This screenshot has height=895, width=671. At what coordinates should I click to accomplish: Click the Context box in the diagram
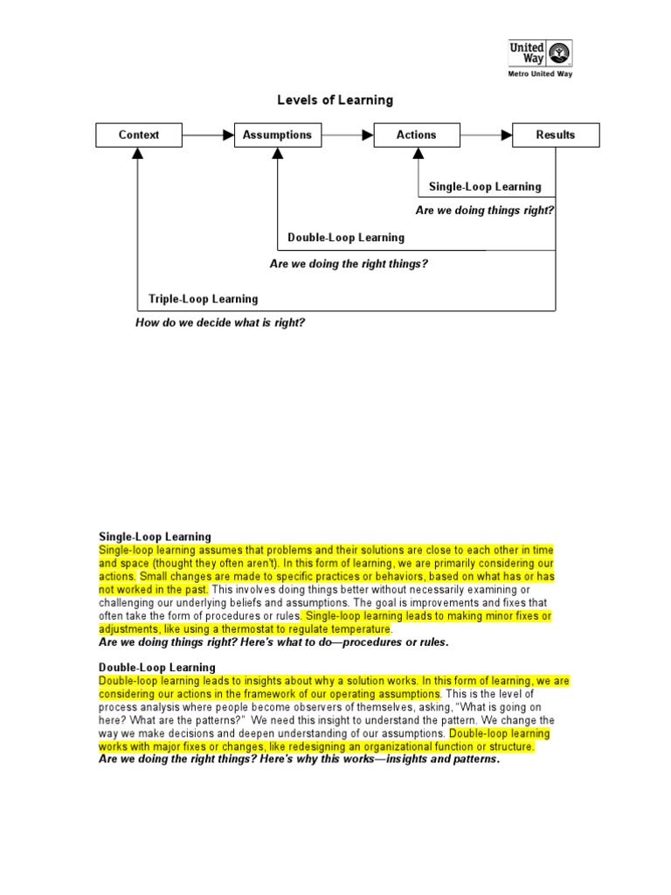(139, 135)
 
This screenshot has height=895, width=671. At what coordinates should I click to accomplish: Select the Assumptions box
(277, 135)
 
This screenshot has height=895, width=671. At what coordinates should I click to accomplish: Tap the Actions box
(416, 135)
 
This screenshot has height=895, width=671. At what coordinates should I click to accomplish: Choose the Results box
(556, 135)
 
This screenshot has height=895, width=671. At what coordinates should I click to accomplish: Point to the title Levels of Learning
(335, 101)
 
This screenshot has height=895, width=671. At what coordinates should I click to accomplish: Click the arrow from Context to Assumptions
(208, 135)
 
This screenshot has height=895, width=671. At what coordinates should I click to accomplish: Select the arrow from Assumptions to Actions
(347, 135)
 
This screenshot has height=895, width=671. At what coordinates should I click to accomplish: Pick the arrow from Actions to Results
(486, 135)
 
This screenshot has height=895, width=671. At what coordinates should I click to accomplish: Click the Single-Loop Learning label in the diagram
(485, 186)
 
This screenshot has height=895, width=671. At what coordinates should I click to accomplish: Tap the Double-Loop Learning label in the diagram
(346, 237)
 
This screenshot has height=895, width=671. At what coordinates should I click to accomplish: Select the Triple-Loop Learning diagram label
(204, 299)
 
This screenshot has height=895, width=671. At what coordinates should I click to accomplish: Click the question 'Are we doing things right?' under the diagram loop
(485, 211)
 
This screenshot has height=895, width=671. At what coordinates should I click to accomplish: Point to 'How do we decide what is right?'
(220, 323)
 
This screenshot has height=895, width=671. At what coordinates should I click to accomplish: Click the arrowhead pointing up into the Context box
(138, 153)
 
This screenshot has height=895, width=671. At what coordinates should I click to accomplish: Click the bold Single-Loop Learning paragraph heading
(155, 537)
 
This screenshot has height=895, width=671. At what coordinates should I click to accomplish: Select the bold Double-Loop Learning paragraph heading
(156, 668)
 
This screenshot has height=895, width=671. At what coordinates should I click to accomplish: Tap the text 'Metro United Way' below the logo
(541, 73)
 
